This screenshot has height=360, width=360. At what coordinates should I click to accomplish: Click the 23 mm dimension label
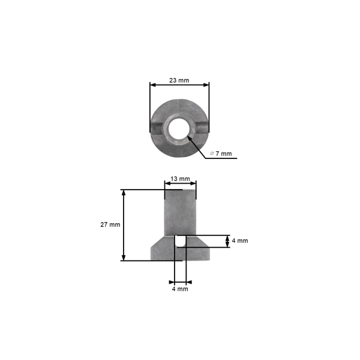coord(179,80)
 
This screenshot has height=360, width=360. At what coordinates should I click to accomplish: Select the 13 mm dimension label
coord(180,179)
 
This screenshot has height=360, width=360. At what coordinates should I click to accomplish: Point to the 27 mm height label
coord(110,224)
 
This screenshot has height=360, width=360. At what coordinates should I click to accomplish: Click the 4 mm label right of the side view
coord(239,241)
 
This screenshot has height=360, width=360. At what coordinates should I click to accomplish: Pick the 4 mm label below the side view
coord(180,289)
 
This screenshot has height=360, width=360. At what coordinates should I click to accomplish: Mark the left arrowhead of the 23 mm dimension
coord(152,85)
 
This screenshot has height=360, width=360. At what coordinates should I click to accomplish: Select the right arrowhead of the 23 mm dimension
coord(207,85)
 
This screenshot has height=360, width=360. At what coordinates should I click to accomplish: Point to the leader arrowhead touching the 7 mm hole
coord(190,137)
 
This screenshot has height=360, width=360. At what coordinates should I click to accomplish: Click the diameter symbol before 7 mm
coord(212,154)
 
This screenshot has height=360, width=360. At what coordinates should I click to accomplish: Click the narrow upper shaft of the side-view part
coord(180,210)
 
